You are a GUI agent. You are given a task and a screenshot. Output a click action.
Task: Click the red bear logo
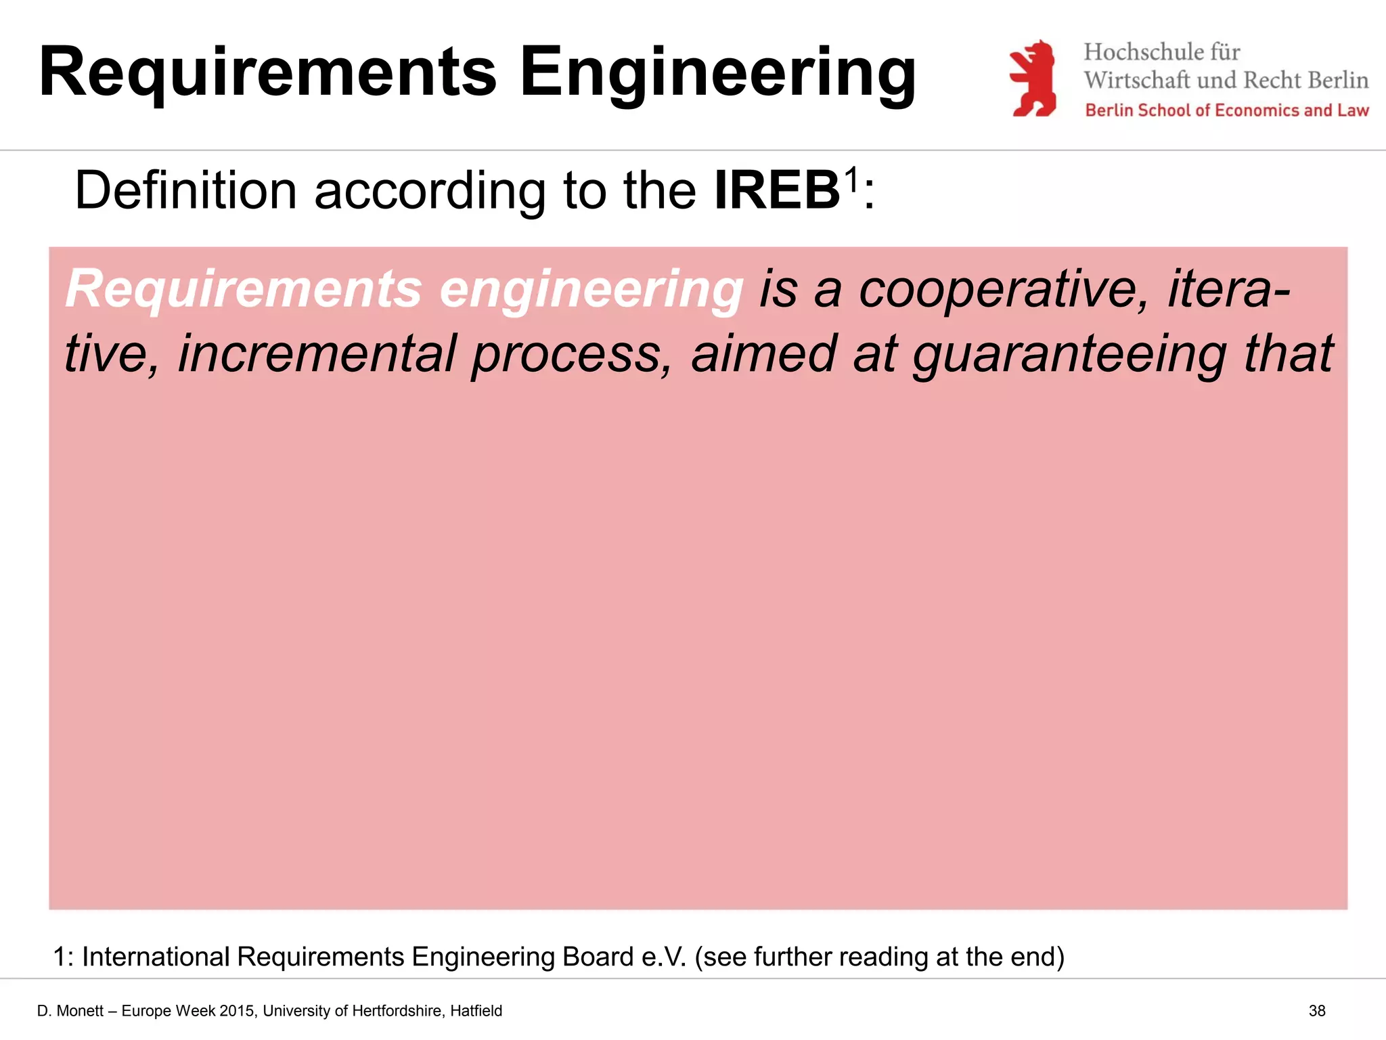pyautogui.click(x=1033, y=79)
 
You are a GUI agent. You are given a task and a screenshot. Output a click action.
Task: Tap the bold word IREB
pyautogui.click(x=777, y=191)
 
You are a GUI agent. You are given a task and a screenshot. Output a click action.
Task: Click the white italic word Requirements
pyautogui.click(x=244, y=290)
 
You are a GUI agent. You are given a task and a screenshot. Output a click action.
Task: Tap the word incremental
pyautogui.click(x=317, y=354)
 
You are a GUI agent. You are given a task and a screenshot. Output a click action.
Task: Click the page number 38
pyautogui.click(x=1316, y=1011)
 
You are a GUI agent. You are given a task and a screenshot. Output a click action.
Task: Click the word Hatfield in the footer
pyautogui.click(x=476, y=1011)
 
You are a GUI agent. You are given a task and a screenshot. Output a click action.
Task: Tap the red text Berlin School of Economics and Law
pyautogui.click(x=1226, y=110)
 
